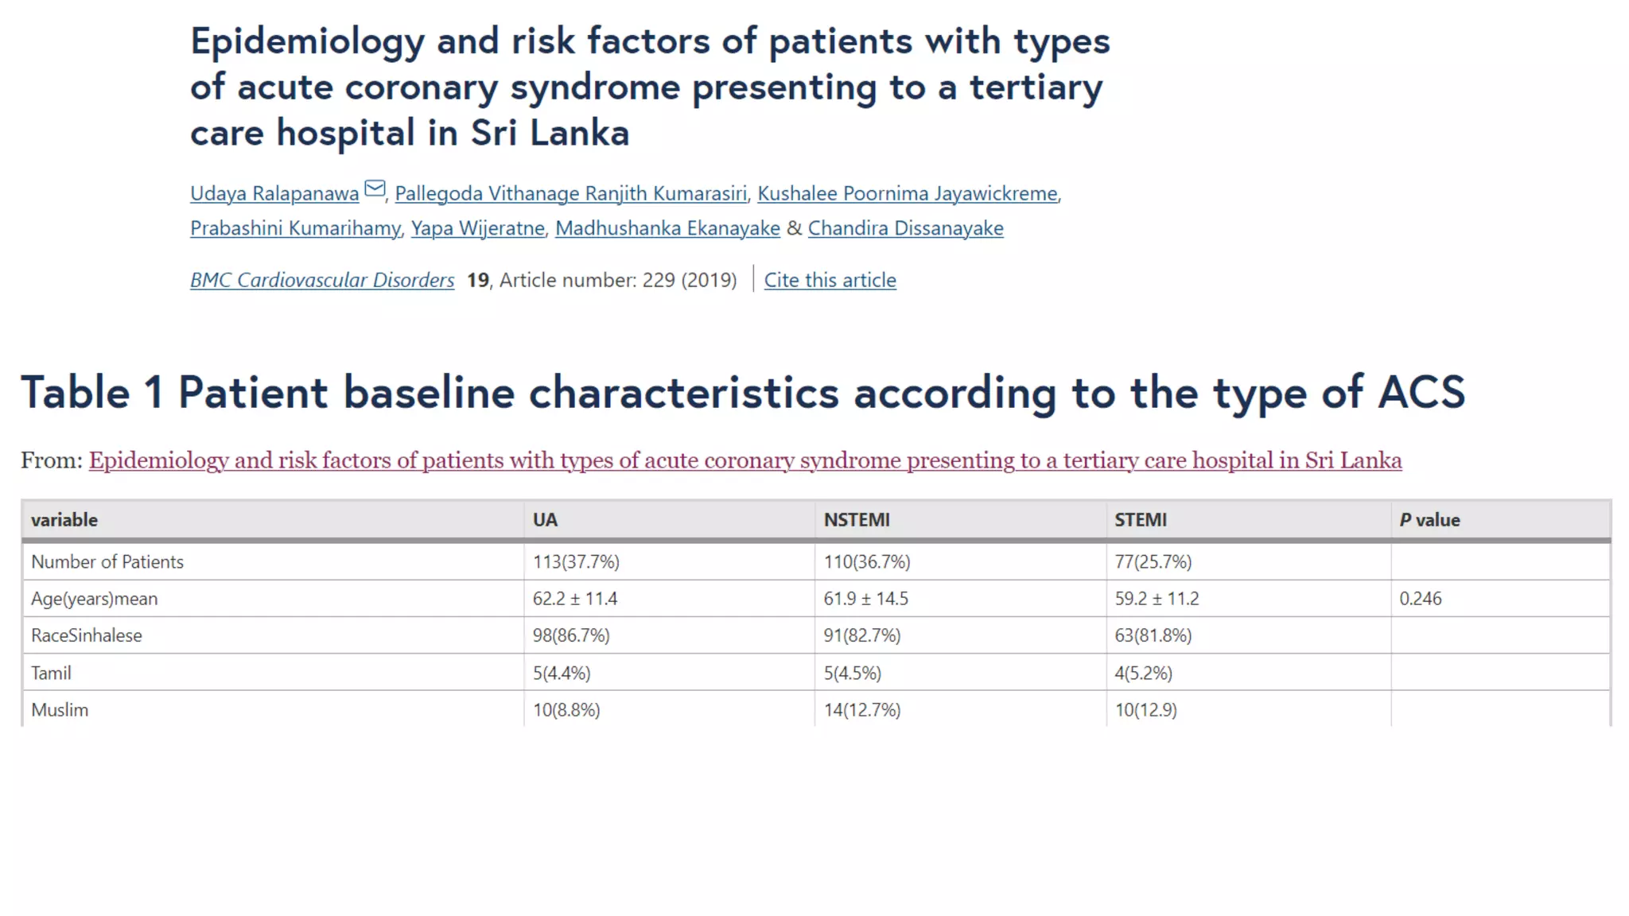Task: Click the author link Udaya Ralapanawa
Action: (x=274, y=193)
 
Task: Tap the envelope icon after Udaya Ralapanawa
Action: (x=375, y=189)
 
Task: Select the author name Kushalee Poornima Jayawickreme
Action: (x=908, y=193)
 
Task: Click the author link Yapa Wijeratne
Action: (x=478, y=228)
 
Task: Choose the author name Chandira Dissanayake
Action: (x=905, y=228)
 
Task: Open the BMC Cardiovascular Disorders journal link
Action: (x=322, y=280)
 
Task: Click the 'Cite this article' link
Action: (x=830, y=280)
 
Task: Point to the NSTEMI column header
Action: (x=857, y=520)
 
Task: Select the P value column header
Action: (x=1429, y=520)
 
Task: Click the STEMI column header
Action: (x=1140, y=520)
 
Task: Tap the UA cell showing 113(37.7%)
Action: (x=576, y=562)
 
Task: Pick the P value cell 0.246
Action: (x=1421, y=599)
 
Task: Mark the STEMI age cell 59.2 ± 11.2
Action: (x=1157, y=599)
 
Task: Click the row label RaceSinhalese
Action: (x=87, y=635)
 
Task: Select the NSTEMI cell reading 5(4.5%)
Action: (x=852, y=673)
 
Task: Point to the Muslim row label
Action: (x=60, y=710)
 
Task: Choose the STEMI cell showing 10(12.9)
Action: (x=1145, y=710)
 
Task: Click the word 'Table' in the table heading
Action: (x=76, y=393)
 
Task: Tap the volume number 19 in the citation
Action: (x=477, y=280)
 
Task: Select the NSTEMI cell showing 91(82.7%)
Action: (x=862, y=635)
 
